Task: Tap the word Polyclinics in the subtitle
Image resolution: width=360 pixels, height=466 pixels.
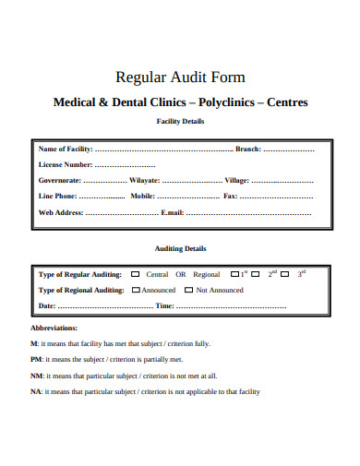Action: point(227,102)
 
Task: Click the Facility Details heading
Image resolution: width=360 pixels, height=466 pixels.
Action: point(180,121)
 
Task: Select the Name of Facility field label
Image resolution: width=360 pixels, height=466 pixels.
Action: point(66,149)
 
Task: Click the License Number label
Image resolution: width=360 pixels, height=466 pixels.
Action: point(66,164)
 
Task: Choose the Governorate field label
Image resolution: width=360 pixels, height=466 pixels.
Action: point(60,180)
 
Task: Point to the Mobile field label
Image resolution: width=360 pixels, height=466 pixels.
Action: point(142,196)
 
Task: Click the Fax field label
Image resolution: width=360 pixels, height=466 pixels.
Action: point(230,196)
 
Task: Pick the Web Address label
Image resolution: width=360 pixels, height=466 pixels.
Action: point(61,212)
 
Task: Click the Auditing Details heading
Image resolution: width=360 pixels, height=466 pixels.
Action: point(179,248)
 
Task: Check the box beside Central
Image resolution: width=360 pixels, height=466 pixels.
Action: point(137,274)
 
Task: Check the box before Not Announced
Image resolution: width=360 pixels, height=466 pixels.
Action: point(189,290)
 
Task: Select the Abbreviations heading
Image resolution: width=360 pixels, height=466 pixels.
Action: point(54,328)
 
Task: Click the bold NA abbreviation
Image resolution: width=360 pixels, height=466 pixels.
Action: point(36,391)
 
